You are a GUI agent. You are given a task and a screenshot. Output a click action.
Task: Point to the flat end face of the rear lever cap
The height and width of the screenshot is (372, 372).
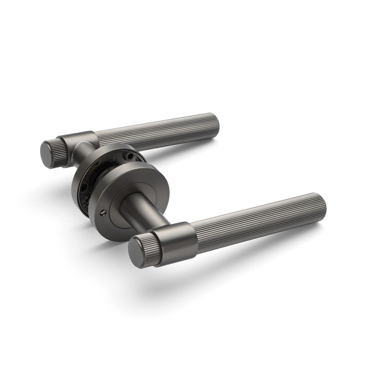point(47,151)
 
